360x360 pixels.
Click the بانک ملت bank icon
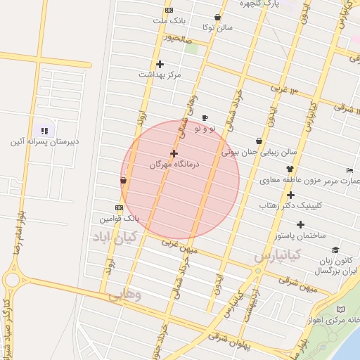pos(169,11)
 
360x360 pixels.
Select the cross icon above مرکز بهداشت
pos(160,65)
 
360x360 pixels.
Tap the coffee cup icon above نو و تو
pos(205,117)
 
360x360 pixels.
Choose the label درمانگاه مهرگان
pos(174,163)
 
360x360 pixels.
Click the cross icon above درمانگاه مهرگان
pos(174,153)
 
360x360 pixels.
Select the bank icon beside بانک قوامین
pos(119,208)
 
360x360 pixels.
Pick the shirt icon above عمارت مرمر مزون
pos(290,169)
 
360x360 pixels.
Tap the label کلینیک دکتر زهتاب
pos(309,206)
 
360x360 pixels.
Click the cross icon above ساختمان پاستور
pos(301,225)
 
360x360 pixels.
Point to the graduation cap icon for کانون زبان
pos(335,250)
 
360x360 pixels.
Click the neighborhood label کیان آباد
pos(115,238)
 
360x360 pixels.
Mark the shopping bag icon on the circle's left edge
pos(124,181)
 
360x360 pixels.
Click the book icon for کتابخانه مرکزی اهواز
pos(342,309)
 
